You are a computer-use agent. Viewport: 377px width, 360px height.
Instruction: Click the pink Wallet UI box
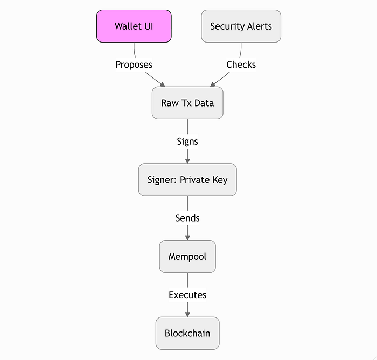[134, 26]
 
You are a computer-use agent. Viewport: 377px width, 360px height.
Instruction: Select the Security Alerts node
[241, 26]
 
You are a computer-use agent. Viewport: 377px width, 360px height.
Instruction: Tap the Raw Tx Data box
[187, 103]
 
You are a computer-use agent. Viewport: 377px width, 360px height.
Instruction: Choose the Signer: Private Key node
[187, 180]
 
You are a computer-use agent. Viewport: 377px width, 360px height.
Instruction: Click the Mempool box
[187, 257]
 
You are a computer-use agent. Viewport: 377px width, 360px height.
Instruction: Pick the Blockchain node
[187, 333]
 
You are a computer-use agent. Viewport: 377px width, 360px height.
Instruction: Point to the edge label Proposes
[134, 65]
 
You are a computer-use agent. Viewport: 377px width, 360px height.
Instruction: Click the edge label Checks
[241, 65]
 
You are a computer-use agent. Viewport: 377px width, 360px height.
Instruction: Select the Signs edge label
[187, 142]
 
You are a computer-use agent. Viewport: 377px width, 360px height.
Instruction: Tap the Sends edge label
[187, 218]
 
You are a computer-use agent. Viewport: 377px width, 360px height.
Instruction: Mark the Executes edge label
[187, 295]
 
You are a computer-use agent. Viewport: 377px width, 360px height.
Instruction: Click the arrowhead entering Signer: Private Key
[187, 161]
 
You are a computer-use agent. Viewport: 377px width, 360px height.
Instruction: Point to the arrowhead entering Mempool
[187, 238]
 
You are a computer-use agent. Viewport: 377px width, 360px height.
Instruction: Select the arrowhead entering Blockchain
[187, 315]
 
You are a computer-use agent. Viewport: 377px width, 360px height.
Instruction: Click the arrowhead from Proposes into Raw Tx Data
[163, 84]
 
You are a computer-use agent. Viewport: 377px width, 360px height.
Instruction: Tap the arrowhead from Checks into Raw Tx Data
[213, 84]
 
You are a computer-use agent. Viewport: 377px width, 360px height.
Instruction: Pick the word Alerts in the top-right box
[260, 26]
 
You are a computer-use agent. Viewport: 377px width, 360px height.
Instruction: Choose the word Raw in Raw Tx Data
[170, 103]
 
